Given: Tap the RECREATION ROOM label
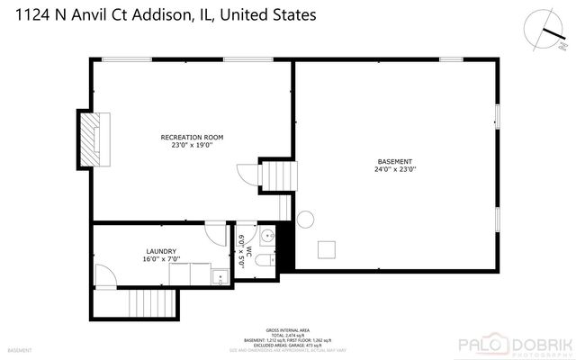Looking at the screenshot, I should pyautogui.click(x=192, y=137).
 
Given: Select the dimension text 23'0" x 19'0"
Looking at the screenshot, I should pyautogui.click(x=192, y=145).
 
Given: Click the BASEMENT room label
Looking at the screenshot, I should pyautogui.click(x=395, y=160).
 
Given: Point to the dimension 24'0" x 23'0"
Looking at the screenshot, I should pyautogui.click(x=395, y=168).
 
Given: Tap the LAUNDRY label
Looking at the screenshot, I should pyautogui.click(x=161, y=251).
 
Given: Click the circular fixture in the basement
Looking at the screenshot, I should pyautogui.click(x=305, y=219).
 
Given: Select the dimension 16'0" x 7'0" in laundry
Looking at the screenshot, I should pyautogui.click(x=161, y=259).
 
